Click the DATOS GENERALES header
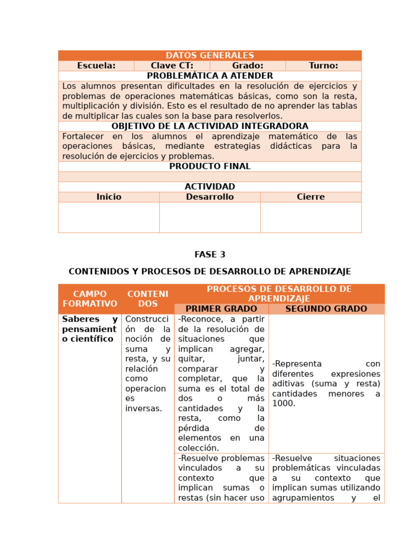coord(209,55)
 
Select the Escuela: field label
coord(96,66)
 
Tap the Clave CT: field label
coord(172,66)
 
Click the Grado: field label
coord(247,66)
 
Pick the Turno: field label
coord(323,66)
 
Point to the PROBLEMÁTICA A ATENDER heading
coord(209,76)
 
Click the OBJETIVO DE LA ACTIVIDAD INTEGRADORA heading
coord(209,126)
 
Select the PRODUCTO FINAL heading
coord(209,166)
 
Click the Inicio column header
coord(109,197)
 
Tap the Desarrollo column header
coord(209,197)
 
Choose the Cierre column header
coord(311,197)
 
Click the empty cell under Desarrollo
coord(209,217)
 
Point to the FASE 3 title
coord(209,254)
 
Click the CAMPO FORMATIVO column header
coord(90,299)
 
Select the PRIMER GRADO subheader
coord(221,309)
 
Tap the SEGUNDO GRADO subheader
coord(326,309)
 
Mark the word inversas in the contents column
coord(143,409)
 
